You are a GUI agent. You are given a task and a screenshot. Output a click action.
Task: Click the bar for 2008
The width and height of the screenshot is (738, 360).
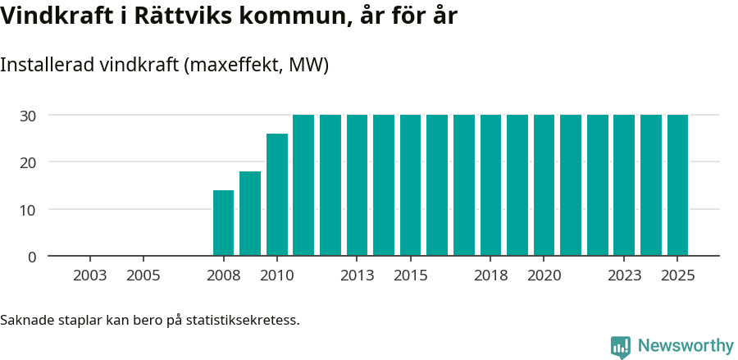point(223,223)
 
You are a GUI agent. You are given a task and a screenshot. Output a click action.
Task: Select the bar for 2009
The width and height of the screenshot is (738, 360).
point(250,213)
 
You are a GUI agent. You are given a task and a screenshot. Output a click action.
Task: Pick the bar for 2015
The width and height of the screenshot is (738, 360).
point(410,185)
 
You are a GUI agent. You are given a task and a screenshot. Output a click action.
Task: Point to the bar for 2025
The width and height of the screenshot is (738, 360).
point(677,185)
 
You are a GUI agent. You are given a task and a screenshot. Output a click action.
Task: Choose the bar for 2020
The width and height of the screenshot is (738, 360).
point(544,185)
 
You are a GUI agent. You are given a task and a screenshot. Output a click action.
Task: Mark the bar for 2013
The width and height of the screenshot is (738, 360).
point(357,185)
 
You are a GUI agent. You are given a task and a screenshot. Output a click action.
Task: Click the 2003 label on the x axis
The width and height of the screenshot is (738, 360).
point(89,275)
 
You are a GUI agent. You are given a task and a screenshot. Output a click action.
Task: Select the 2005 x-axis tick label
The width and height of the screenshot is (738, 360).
point(143,275)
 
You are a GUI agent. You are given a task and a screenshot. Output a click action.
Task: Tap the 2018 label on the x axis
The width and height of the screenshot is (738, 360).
point(490,275)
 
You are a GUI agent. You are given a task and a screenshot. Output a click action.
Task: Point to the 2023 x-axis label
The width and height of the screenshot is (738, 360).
point(624,275)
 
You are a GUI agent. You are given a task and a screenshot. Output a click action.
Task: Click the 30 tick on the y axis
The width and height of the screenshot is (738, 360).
point(28,116)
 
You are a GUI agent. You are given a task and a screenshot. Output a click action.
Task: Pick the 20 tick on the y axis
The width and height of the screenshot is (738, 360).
point(28,162)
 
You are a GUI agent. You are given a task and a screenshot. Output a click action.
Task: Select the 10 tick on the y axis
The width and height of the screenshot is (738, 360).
point(28,210)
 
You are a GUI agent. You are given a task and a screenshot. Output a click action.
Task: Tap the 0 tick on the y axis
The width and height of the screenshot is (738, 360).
point(32,257)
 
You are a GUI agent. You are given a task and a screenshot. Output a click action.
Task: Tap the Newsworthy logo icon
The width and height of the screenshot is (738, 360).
point(621,346)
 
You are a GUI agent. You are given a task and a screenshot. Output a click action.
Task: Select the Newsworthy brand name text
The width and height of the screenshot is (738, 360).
point(686,346)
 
